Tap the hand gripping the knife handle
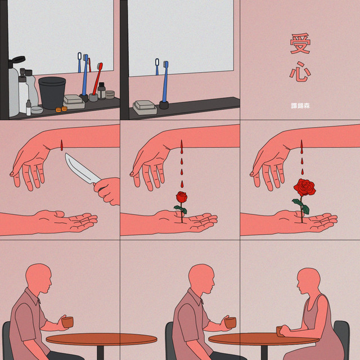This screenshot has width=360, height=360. (107, 191)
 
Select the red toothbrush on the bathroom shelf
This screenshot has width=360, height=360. (97, 79)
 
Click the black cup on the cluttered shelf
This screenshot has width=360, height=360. (52, 92)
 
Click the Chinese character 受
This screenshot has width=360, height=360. (300, 43)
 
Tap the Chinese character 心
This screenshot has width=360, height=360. (300, 71)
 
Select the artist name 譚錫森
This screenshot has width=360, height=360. (300, 106)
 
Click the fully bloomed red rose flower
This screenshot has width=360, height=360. (305, 187)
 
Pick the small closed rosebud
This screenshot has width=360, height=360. (182, 197)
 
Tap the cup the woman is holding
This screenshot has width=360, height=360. (280, 331)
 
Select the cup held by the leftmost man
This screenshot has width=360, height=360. (67, 322)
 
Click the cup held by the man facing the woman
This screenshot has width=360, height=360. (231, 322)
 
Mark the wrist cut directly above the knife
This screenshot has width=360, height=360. (61, 145)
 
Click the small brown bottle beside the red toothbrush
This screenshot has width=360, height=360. (101, 91)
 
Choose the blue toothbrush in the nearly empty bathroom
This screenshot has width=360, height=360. (165, 82)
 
